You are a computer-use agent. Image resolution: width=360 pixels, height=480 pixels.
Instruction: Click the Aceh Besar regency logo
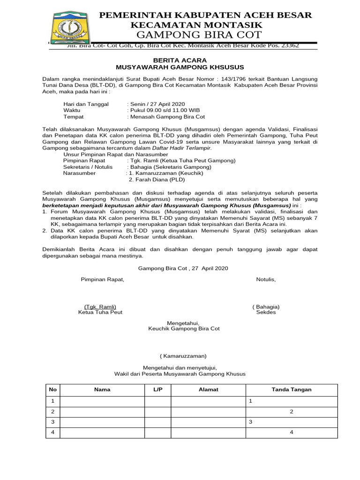tap(69, 28)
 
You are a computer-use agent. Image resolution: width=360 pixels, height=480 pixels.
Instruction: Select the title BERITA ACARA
tap(180, 60)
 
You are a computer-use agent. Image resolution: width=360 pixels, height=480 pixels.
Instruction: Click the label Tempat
tap(74, 117)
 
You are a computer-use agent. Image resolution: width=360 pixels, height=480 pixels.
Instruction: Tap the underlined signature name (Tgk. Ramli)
tap(100, 307)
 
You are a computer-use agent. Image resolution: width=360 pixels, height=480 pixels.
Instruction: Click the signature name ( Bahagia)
tap(266, 307)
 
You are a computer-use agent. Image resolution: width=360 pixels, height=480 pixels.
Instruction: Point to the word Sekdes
tap(266, 313)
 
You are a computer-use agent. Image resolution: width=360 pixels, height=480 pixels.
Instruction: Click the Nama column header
tap(102, 390)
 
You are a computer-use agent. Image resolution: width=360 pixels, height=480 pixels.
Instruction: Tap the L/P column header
tap(157, 390)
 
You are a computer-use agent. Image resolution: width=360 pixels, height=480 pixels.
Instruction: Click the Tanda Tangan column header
tap(292, 390)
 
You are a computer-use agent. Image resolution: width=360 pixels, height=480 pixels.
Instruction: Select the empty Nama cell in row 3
tap(102, 422)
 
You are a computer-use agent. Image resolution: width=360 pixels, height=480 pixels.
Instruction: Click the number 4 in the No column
tap(53, 432)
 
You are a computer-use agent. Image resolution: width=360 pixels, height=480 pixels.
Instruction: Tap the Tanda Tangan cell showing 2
tap(292, 412)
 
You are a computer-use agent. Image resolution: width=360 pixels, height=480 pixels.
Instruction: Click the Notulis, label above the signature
tap(266, 280)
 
